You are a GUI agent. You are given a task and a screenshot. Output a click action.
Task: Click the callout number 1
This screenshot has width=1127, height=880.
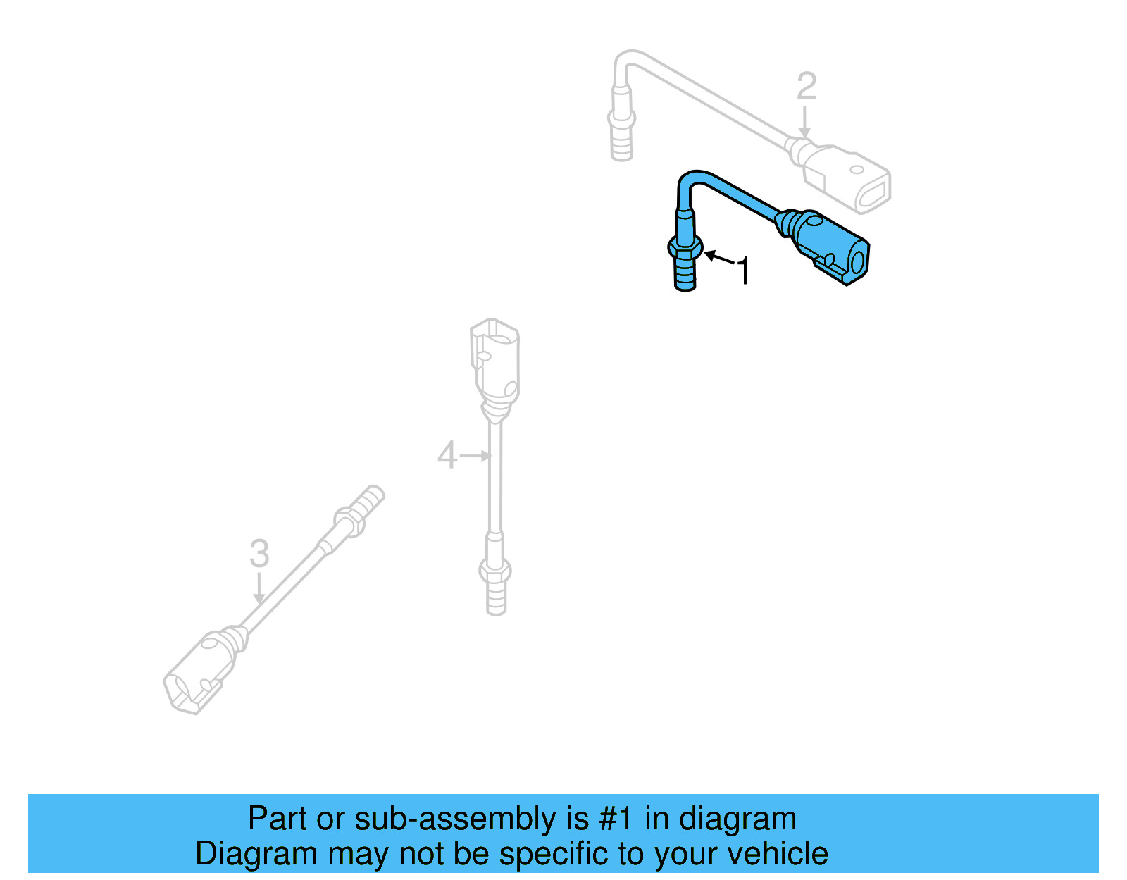743,271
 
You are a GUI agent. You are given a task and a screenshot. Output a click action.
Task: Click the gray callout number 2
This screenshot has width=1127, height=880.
807,87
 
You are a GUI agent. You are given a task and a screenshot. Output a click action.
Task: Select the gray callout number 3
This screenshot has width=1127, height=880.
259,554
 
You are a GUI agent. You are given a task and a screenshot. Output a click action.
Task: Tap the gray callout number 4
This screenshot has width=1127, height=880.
447,455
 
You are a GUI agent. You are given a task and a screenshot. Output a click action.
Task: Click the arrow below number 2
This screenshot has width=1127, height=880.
804,123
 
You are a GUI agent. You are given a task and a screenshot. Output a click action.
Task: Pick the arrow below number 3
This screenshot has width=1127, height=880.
259,588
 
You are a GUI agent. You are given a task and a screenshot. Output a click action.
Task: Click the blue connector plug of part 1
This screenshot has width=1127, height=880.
831,247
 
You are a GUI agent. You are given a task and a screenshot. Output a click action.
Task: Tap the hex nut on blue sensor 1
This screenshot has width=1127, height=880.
685,248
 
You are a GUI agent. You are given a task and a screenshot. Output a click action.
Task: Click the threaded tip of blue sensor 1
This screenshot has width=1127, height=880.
685,276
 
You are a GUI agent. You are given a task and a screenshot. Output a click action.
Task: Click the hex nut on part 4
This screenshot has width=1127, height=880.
495,569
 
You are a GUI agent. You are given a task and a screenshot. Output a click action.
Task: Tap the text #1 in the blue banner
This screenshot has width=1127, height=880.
615,819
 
